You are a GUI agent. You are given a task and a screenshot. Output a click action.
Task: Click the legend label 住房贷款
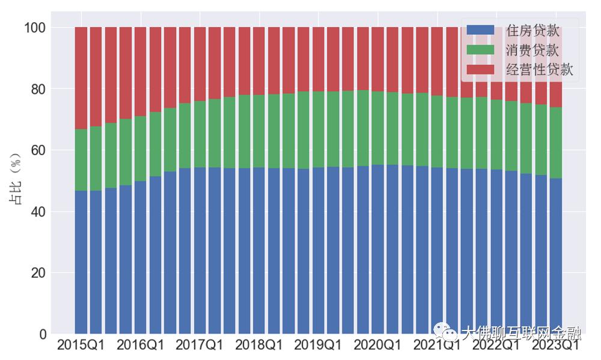coord(533,31)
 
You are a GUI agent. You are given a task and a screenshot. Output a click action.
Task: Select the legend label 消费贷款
coord(533,50)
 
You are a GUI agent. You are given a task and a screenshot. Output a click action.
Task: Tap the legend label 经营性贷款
coord(540,69)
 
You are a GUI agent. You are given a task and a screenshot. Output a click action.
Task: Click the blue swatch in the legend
coord(480,30)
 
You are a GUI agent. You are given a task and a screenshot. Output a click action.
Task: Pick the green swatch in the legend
coord(480,50)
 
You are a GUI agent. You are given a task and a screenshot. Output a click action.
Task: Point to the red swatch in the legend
coord(480,69)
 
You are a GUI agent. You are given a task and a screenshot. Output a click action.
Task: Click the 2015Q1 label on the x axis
coord(81,346)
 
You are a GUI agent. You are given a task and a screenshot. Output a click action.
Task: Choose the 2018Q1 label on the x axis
coord(258,346)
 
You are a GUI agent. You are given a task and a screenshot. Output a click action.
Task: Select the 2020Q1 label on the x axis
coord(377,346)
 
